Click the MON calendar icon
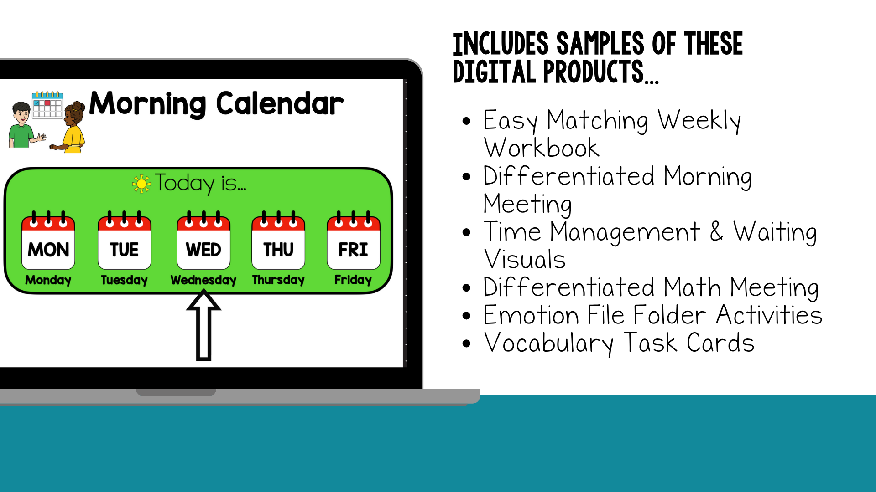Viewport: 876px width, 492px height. [48, 240]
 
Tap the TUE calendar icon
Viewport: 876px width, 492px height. [124, 240]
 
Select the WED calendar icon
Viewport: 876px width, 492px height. [203, 240]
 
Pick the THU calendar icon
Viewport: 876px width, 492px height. [278, 240]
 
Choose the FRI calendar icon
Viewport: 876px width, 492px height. [354, 240]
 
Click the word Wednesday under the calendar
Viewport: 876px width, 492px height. [203, 280]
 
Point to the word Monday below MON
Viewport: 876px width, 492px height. [48, 280]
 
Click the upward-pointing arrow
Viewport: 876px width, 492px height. [203, 326]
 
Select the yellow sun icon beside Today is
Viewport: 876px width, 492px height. [141, 184]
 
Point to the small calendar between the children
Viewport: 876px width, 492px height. [47, 105]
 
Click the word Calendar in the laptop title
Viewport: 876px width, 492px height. [280, 103]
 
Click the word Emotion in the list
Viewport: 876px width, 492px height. [531, 315]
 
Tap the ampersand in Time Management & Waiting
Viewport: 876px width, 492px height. [716, 231]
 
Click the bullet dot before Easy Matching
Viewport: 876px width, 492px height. [466, 121]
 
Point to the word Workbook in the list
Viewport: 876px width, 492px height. [542, 148]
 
